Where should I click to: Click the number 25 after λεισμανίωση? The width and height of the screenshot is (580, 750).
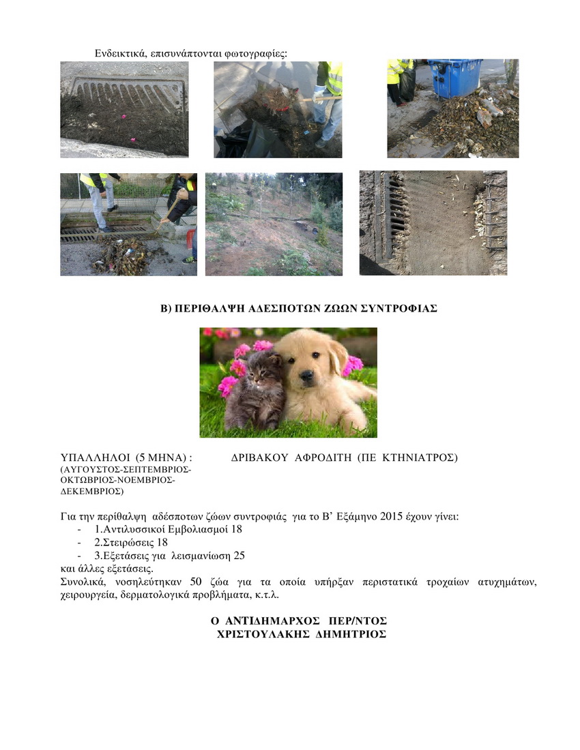pos(239,556)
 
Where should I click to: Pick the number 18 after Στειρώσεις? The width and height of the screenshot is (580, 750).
pos(162,542)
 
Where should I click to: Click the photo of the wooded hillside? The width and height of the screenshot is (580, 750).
pos(274,224)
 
